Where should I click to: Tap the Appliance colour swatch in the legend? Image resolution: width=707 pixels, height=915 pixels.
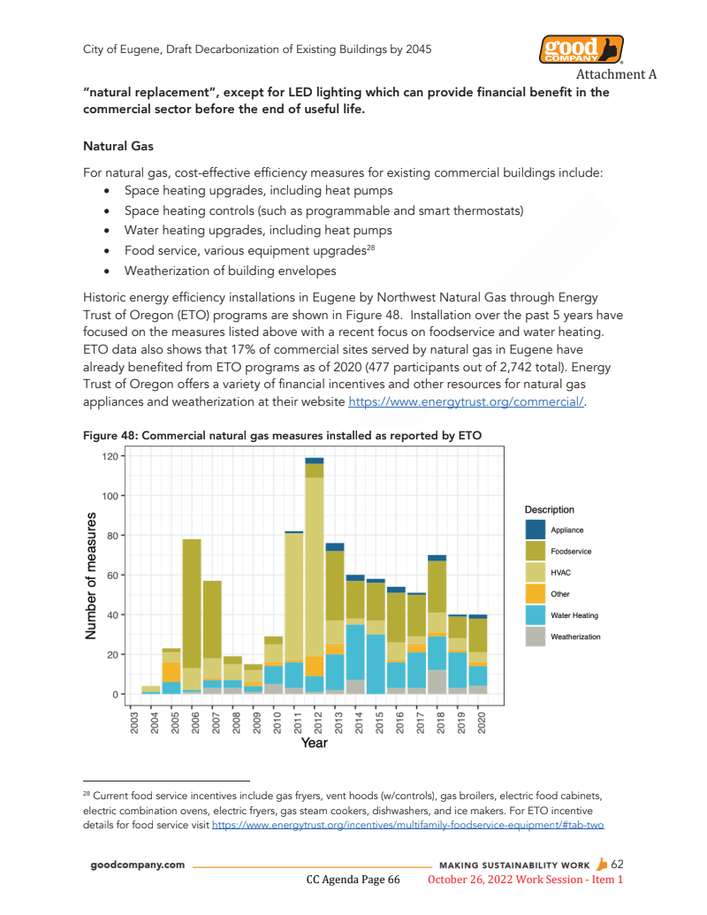536,530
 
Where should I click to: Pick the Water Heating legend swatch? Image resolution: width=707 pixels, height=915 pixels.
536,614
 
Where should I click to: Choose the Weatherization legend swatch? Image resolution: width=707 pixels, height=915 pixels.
536,636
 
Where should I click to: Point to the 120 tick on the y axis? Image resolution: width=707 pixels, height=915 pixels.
110,456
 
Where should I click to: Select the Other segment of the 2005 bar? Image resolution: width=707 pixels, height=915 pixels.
171,672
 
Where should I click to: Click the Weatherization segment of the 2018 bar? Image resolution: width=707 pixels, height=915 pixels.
437,682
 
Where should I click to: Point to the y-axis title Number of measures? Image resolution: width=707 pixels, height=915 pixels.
91,576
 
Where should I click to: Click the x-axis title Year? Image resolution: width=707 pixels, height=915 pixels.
314,743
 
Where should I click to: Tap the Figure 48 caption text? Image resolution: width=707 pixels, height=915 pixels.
281,435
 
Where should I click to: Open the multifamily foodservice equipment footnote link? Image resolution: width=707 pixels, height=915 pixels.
407,824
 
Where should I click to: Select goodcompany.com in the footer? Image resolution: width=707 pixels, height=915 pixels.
138,865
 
